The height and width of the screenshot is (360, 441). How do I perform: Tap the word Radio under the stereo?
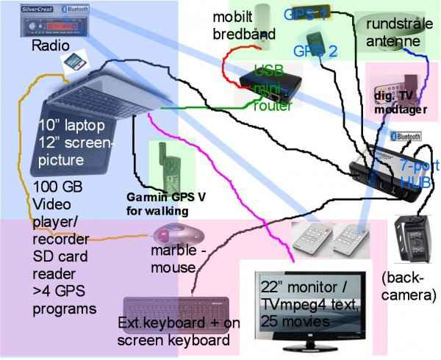(x=49, y=46)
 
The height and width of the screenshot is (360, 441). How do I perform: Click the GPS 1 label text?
(x=305, y=14)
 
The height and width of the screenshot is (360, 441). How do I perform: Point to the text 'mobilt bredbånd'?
(x=234, y=25)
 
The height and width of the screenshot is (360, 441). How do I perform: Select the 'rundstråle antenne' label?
(x=398, y=32)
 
